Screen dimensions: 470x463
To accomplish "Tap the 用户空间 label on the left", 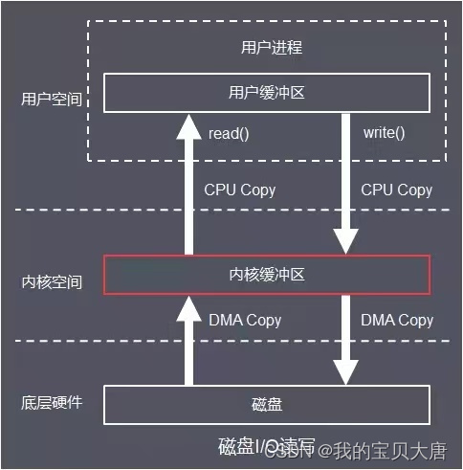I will pyautogui.click(x=52, y=98).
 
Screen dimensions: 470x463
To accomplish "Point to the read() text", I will pyautogui.click(x=229, y=133).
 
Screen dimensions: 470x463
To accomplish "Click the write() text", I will pyautogui.click(x=384, y=133).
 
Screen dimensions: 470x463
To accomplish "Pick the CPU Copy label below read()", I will pyautogui.click(x=239, y=190).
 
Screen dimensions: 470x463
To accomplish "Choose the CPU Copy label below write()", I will pyautogui.click(x=396, y=190).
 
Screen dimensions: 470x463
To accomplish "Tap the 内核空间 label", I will pyautogui.click(x=52, y=282).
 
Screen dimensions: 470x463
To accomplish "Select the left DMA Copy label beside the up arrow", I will pyautogui.click(x=245, y=320).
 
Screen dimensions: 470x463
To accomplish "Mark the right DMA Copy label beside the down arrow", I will pyautogui.click(x=396, y=320).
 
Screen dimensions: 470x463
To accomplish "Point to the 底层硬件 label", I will pyautogui.click(x=52, y=402).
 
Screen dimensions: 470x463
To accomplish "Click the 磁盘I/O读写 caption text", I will pyautogui.click(x=258, y=447).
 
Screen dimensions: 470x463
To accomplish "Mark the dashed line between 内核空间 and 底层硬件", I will pyautogui.click(x=230, y=341).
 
